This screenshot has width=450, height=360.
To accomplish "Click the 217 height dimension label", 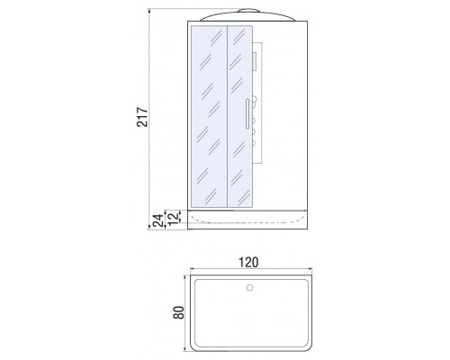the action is pos(142,117).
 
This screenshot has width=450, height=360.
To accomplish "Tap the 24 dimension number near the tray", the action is pos(158,220).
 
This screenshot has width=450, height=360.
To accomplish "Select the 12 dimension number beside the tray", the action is pos(173,217).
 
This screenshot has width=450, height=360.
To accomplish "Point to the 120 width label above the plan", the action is pos(248,262).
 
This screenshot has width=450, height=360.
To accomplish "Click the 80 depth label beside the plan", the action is pos(178,312).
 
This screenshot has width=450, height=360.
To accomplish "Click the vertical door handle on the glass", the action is pos(247,113).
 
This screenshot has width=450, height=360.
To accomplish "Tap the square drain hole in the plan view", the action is pos(249,287).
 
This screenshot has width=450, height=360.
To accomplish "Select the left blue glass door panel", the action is pos(209,116).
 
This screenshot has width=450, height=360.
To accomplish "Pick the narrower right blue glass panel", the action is pos(240,116).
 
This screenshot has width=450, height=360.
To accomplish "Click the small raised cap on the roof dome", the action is pos(248,11).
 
